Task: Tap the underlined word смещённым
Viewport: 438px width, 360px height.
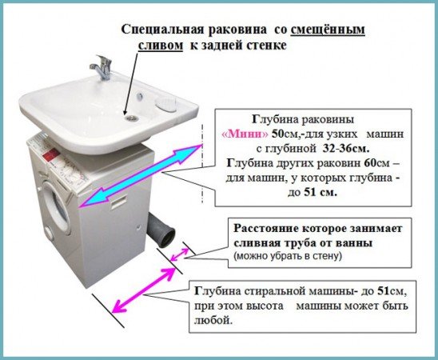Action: [x=331, y=29]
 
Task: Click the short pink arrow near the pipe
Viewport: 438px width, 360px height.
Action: [x=182, y=254]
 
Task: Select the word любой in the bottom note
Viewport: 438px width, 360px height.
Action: [x=212, y=320]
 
